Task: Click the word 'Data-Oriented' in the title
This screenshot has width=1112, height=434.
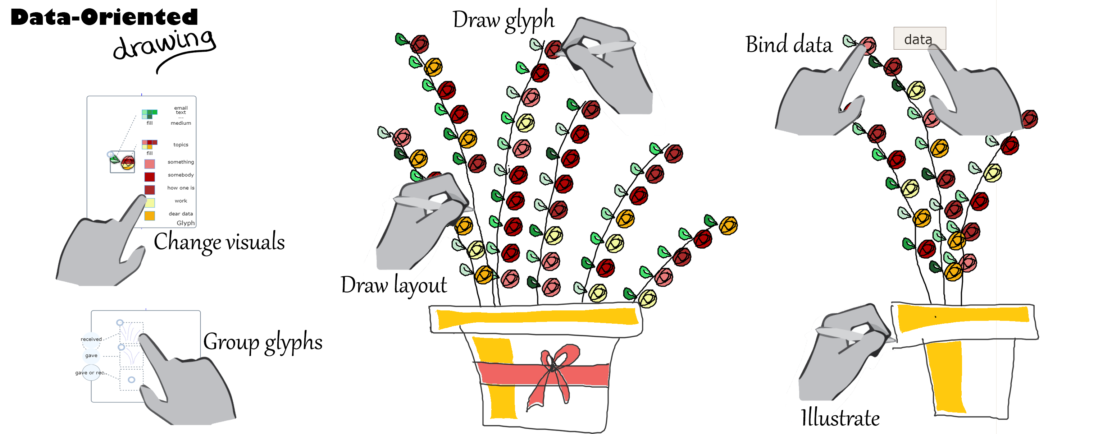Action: coord(104,17)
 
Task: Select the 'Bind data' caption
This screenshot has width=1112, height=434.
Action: coord(789,45)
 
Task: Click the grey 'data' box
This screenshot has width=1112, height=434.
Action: coord(919,39)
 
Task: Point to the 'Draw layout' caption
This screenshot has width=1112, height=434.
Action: coord(394,285)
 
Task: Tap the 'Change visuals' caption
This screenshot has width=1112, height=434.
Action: coord(219,241)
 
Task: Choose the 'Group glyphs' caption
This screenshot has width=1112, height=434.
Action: coord(263,342)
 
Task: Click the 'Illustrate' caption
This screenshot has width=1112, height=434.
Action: coord(840,417)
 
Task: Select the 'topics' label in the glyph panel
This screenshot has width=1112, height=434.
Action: coord(181,144)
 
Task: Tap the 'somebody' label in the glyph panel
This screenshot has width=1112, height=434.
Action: coord(181,175)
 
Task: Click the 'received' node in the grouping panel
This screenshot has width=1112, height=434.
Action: coord(91,339)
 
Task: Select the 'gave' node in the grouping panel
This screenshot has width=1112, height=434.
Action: coord(91,355)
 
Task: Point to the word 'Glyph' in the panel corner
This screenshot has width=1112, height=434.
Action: coord(186,223)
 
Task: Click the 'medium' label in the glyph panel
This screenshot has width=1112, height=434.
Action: coord(181,123)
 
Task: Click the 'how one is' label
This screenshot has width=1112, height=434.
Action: coord(181,188)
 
